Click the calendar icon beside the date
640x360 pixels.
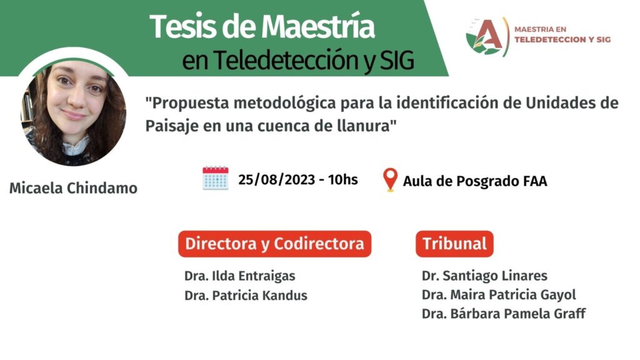[x=216, y=178]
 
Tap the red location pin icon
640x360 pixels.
[x=390, y=179]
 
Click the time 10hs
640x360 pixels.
[x=343, y=179]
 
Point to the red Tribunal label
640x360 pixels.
[x=454, y=244]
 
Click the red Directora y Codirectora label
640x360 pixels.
[x=275, y=244]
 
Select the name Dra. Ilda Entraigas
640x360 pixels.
[x=239, y=276]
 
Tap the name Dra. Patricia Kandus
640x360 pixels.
[x=246, y=295]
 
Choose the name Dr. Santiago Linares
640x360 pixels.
[x=484, y=276]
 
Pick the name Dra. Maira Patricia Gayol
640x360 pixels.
[x=499, y=295]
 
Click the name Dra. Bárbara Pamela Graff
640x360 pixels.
[x=504, y=314]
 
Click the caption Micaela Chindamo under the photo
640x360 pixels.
[x=74, y=188]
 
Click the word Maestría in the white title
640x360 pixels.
[x=318, y=27]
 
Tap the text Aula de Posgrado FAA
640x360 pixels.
[x=475, y=181]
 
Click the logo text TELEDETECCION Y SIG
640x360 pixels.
[x=562, y=39]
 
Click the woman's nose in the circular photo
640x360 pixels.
[x=76, y=99]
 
